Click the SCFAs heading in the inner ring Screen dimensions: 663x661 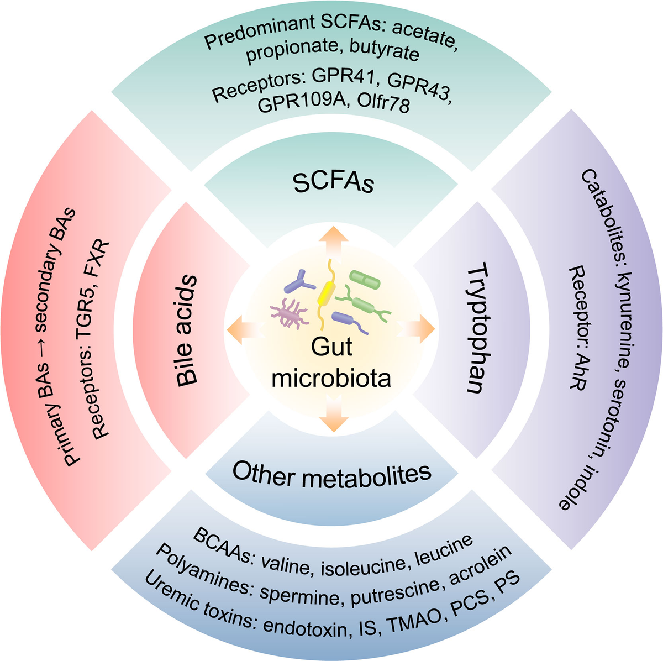point(333,183)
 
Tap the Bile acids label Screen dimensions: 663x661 point(187,330)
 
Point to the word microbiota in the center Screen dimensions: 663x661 point(331,379)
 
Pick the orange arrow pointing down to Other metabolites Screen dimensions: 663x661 point(333,413)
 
